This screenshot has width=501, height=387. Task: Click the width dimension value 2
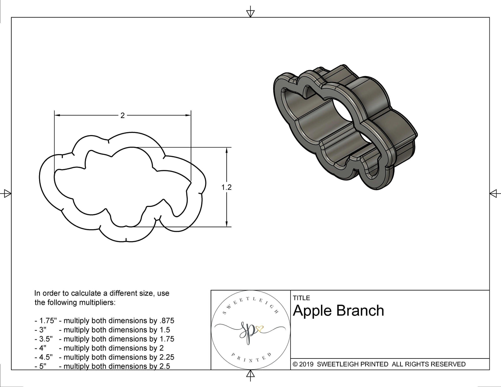click(x=122, y=116)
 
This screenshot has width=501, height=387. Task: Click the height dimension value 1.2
click(x=226, y=187)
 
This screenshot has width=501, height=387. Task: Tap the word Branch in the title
click(x=360, y=311)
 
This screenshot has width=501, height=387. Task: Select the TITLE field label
click(x=301, y=298)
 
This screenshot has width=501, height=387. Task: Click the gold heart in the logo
click(x=260, y=329)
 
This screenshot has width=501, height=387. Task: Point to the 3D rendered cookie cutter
click(x=344, y=128)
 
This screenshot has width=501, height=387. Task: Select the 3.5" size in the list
click(x=46, y=339)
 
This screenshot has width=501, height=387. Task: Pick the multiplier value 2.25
click(x=166, y=357)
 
